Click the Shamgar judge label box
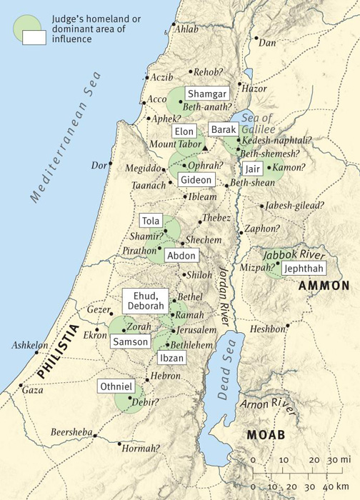pyautogui.click(x=206, y=94)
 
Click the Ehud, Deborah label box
pyautogui.click(x=146, y=301)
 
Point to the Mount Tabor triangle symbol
pyautogui.click(x=205, y=148)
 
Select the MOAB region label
pyautogui.click(x=266, y=434)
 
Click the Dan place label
pyautogui.click(x=267, y=43)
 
